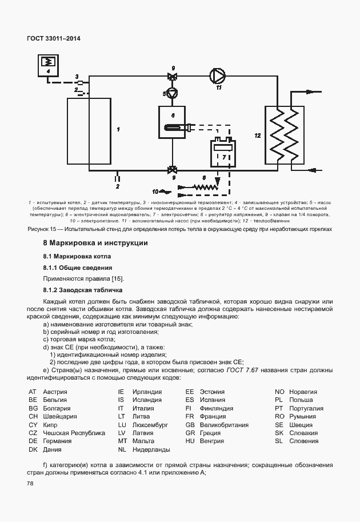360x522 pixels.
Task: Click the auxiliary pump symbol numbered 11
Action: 218,75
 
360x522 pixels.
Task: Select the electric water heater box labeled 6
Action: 173,123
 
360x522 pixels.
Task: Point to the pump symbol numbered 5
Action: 172,92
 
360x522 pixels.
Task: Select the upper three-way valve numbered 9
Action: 173,77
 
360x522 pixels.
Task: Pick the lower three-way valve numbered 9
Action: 172,169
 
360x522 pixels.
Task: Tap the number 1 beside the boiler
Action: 118,130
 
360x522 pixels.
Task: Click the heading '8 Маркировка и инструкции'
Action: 95,243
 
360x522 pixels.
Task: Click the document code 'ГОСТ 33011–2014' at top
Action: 54,38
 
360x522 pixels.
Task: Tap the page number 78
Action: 30,484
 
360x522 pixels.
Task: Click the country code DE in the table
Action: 33,441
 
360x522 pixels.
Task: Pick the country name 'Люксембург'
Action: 150,425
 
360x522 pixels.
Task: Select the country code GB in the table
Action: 190,425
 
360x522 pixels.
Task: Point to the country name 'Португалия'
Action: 306,408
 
